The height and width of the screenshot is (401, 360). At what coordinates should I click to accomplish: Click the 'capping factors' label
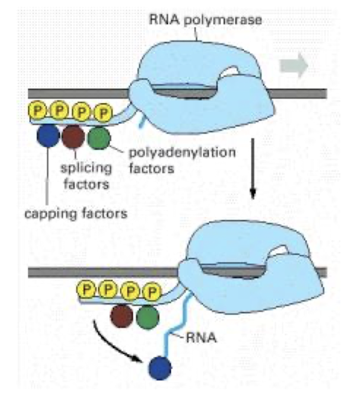click(75, 212)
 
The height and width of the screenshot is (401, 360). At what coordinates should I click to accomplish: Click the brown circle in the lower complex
click(122, 316)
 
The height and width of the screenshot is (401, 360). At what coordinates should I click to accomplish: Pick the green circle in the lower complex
click(147, 316)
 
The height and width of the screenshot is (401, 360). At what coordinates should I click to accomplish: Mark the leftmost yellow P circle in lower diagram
click(87, 288)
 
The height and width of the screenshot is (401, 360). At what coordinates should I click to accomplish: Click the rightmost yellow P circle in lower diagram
click(150, 291)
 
